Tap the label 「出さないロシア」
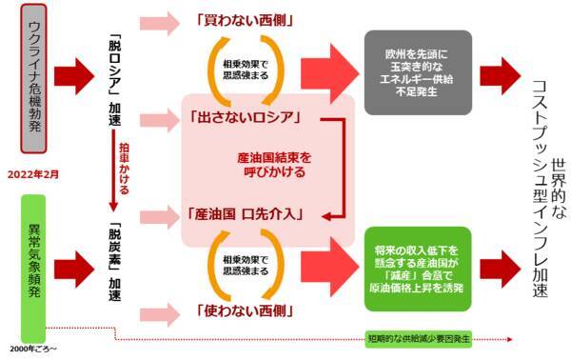point(246,120)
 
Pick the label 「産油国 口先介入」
point(246,212)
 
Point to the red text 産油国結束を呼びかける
point(272,164)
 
